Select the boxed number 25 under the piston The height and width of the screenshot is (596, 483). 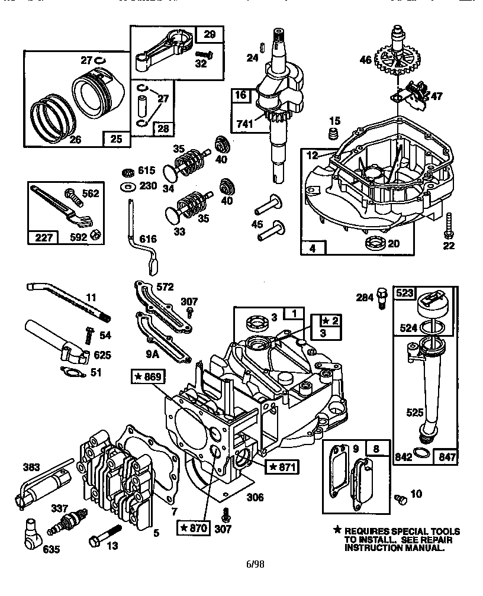tap(117, 139)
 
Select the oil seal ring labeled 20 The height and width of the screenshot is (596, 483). tap(375, 242)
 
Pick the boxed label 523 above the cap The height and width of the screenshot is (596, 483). tap(405, 294)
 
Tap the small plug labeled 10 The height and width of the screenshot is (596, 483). tap(400, 500)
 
